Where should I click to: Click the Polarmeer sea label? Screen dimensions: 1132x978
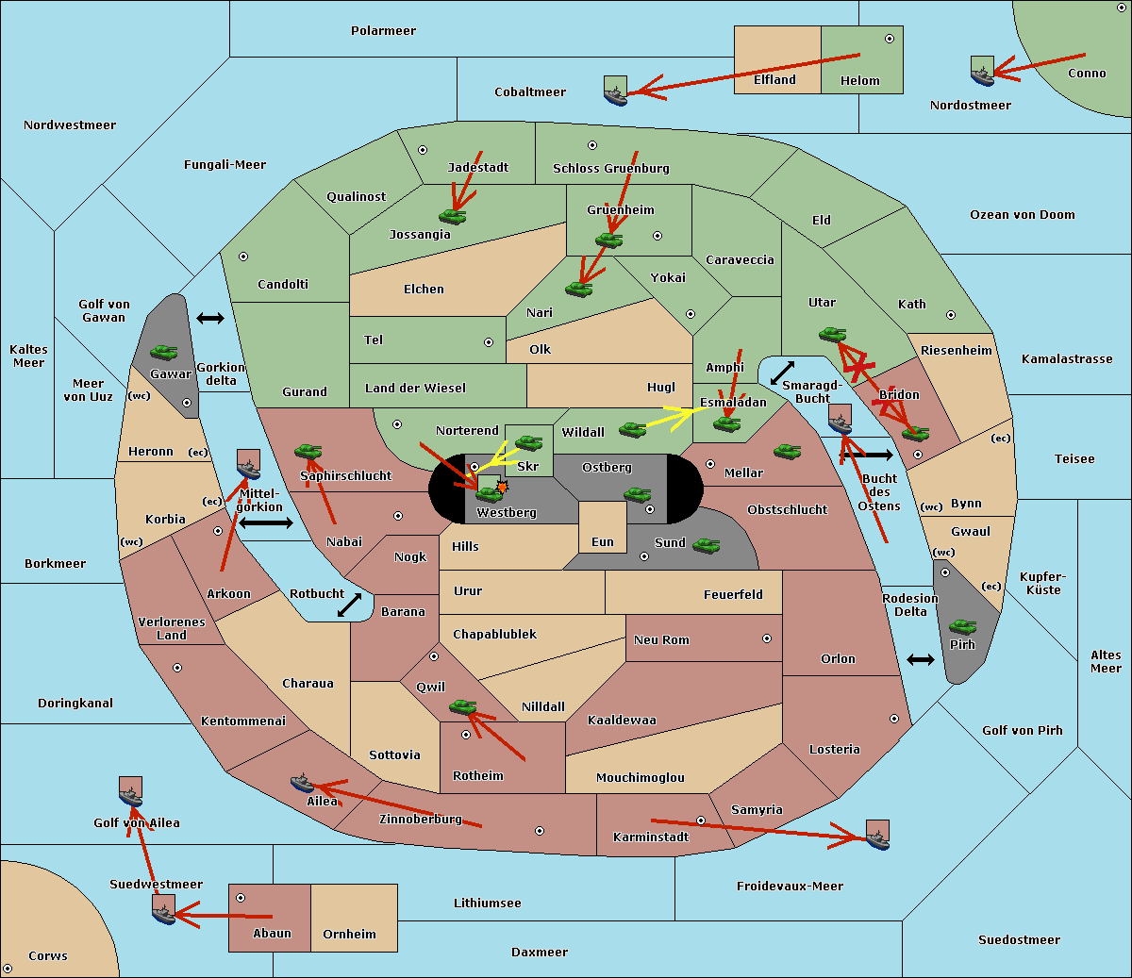383,31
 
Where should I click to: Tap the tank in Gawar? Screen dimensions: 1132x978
164,352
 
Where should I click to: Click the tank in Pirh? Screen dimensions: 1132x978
962,626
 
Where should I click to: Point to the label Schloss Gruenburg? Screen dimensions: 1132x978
611,168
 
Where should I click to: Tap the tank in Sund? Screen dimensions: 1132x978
706,545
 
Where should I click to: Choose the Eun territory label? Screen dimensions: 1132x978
603,541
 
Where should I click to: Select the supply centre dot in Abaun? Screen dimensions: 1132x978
241,898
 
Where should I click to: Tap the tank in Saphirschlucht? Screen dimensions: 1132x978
308,451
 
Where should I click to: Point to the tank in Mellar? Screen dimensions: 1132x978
788,451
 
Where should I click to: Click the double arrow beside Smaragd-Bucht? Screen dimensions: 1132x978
782,373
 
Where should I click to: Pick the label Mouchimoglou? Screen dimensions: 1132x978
641,777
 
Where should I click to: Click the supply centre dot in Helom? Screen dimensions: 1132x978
890,39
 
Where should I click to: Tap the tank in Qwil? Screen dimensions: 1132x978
463,706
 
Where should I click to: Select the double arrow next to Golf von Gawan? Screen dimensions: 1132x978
210,318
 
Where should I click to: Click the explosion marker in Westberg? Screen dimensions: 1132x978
502,487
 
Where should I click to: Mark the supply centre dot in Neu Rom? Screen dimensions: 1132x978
767,638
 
